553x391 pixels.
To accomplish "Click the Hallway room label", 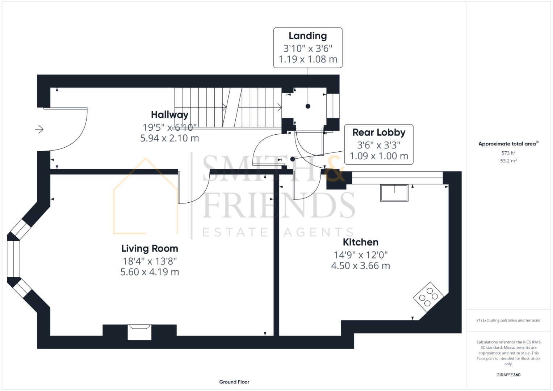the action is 169,115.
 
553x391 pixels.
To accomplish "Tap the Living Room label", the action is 150,248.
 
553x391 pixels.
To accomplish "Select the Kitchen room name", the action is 360,242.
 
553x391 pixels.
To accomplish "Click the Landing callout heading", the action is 307,36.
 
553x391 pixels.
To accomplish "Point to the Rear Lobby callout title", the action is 379,133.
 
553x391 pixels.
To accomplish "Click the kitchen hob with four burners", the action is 428,297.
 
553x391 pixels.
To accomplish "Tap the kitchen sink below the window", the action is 394,193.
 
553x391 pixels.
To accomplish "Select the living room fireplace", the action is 139,332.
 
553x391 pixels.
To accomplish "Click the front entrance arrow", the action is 39,129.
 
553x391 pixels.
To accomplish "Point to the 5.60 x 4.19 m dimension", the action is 150,272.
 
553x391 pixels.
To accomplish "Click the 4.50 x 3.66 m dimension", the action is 360,266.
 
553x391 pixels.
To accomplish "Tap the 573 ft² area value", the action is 508,153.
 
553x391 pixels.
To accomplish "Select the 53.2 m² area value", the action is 508,161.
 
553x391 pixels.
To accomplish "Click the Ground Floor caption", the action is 234,382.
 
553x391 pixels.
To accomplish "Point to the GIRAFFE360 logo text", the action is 508,375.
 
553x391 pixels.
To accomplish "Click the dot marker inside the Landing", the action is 308,106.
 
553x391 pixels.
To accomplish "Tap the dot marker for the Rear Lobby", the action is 293,159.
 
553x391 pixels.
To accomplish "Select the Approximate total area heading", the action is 508,144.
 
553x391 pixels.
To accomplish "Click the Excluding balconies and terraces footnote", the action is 508,320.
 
